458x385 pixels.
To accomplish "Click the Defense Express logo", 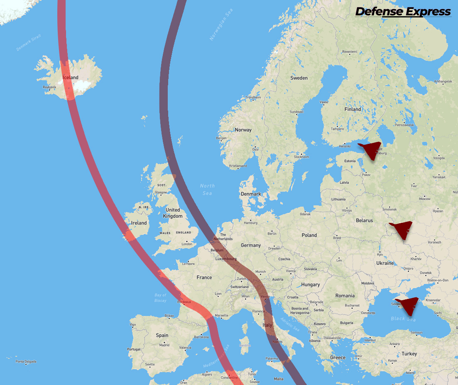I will (403, 12).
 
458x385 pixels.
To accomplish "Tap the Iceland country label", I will (70, 78).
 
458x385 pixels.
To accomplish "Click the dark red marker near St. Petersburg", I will (371, 150).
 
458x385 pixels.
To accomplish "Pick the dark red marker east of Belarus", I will (402, 229).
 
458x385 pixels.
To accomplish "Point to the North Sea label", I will (207, 190).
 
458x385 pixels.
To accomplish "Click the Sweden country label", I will (299, 78).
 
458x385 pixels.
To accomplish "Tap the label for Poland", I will (309, 235).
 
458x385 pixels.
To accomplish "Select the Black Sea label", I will (403, 319).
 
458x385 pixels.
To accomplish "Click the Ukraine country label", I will (385, 263).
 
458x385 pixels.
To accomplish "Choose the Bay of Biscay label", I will (160, 298).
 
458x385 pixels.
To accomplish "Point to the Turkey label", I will (409, 354).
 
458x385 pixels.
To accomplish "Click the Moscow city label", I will (424, 199).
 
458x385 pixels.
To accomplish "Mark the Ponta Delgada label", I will (26, 362).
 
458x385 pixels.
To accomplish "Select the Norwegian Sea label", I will (221, 25).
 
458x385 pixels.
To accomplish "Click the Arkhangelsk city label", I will (442, 81).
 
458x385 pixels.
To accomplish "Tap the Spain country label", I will (162, 335).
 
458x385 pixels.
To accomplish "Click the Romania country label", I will (345, 296).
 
